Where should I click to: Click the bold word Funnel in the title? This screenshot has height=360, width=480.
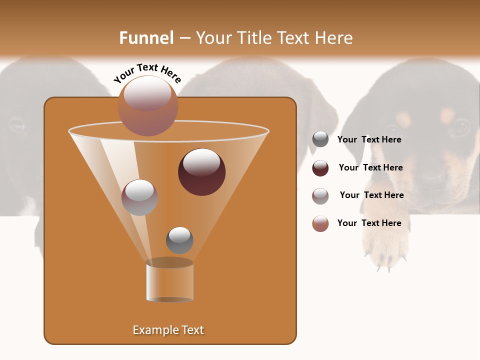[146, 38]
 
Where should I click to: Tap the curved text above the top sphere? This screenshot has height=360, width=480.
[147, 73]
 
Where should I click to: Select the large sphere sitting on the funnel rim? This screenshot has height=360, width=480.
[147, 106]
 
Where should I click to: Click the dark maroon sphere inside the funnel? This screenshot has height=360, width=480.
[201, 171]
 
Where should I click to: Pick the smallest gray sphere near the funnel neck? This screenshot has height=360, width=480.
[179, 240]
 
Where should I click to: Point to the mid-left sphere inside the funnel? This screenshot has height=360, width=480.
[139, 197]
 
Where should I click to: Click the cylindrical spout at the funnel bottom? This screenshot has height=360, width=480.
[169, 281]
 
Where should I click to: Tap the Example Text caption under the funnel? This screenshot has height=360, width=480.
[168, 330]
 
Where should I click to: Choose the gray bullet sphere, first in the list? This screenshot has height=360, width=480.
[320, 139]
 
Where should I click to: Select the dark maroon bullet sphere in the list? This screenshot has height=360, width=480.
[320, 168]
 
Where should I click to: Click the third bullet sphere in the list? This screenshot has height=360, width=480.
[320, 196]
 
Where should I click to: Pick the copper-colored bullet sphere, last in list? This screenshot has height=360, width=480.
[320, 223]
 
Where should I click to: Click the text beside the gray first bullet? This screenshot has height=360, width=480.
[369, 139]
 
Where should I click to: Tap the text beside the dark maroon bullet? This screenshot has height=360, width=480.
[370, 167]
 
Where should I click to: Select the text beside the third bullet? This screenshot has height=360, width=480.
[371, 195]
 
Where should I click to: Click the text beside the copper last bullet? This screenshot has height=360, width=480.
[369, 223]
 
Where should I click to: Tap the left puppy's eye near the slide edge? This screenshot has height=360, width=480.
[16, 124]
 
